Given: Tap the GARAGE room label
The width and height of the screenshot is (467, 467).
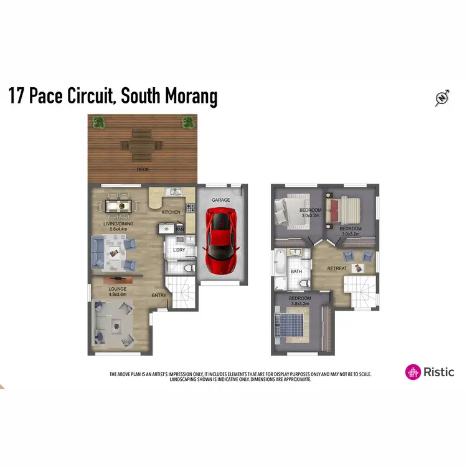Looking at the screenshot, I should (220, 200).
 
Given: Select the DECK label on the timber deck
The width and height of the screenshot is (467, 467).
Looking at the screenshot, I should (143, 169).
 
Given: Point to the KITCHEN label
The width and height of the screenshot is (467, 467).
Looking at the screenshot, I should (171, 212).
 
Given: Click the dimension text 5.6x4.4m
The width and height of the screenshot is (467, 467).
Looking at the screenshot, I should (118, 229).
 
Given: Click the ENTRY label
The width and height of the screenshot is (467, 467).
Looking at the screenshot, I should (159, 296).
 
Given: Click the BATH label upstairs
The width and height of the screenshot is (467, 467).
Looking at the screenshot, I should (296, 271).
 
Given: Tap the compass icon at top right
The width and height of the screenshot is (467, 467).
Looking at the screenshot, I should (442, 98).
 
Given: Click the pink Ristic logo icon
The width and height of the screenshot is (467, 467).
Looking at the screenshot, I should (413, 372).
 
